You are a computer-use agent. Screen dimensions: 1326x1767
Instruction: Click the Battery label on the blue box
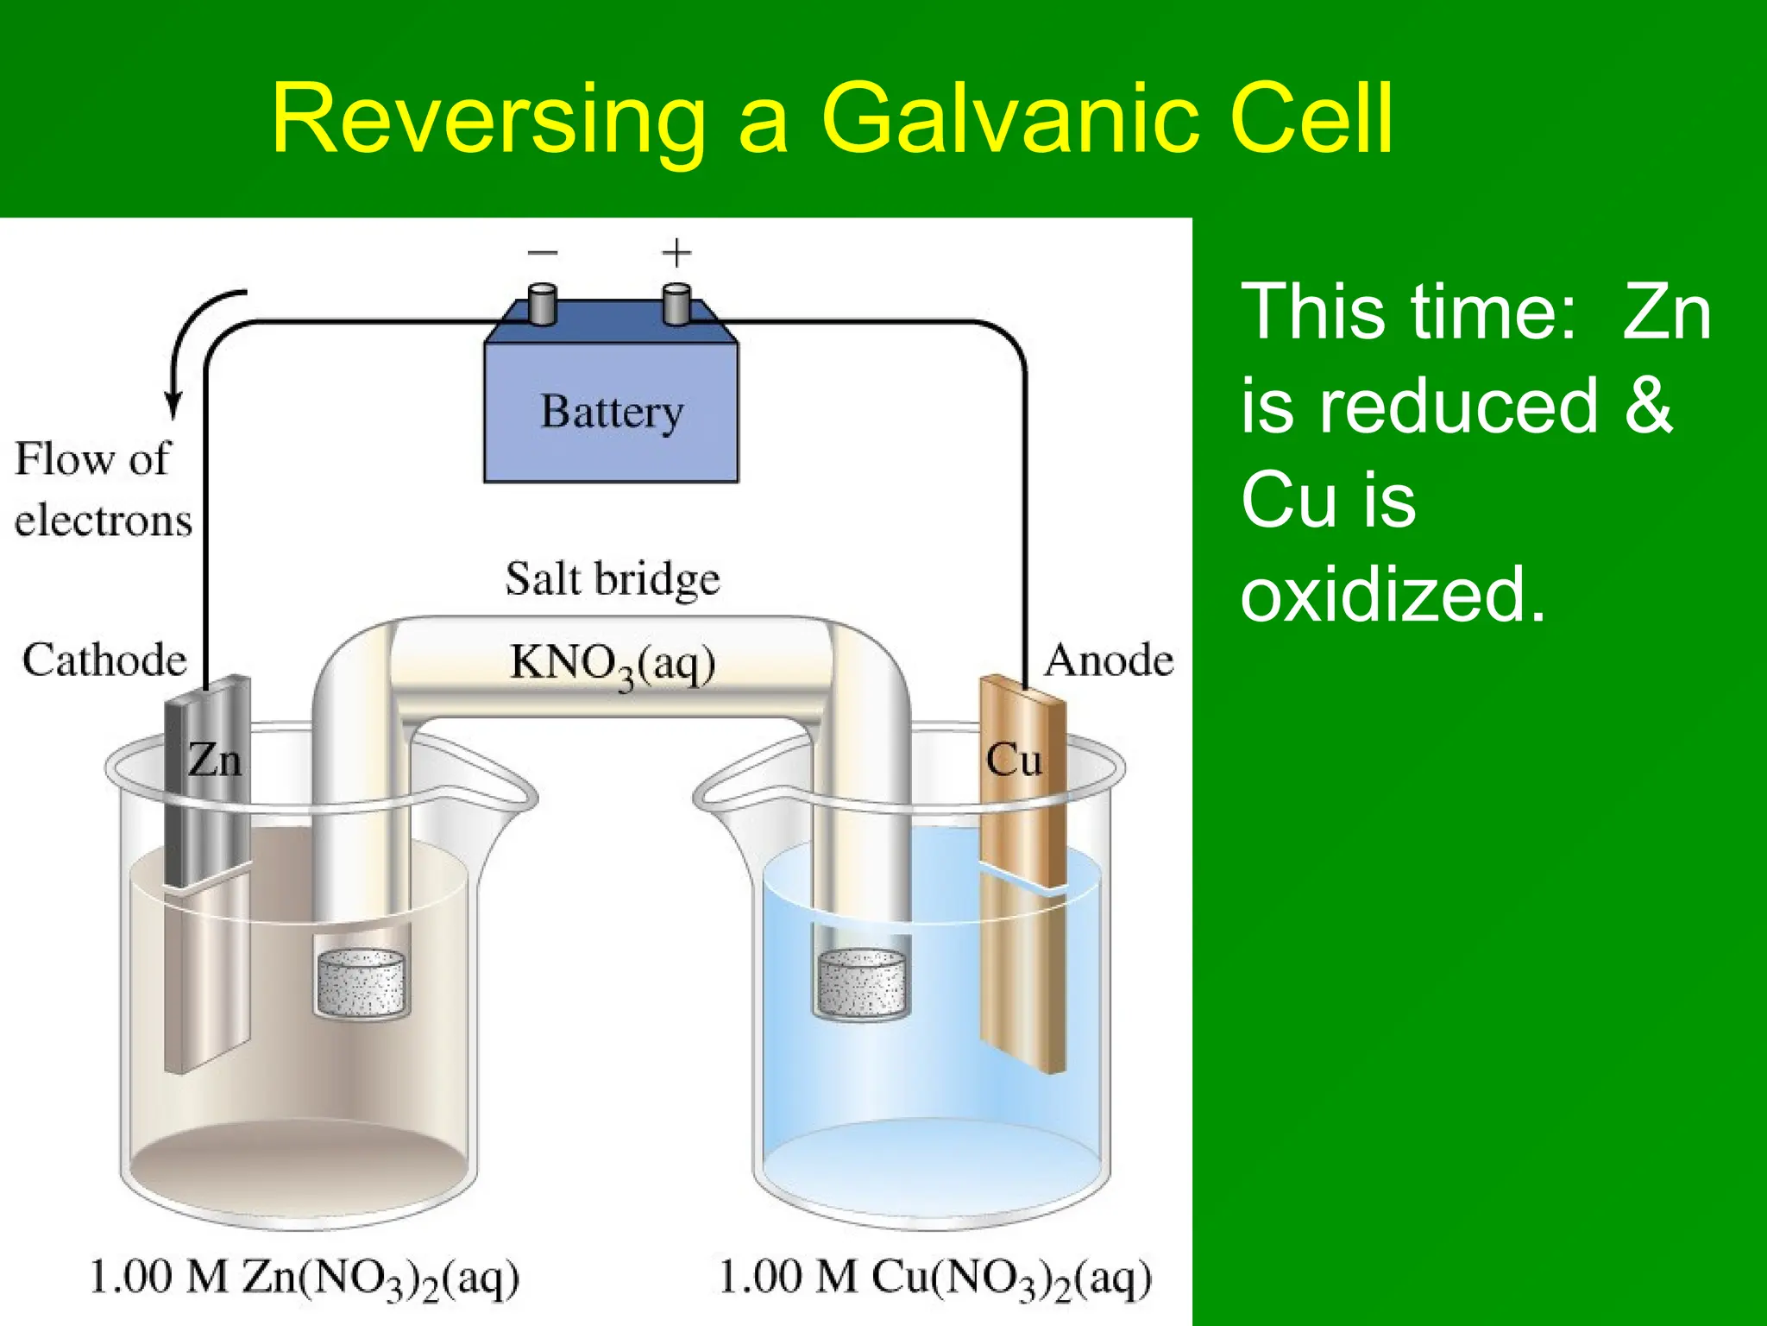coord(612,411)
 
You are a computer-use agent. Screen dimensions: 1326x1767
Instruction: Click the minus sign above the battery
coord(543,253)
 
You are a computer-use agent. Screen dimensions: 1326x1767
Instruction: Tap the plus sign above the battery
coord(676,253)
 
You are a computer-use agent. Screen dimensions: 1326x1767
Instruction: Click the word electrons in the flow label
coord(104,521)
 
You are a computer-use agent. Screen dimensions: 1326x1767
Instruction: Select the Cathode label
coord(104,660)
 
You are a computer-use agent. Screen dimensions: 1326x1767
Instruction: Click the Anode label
coord(1109,660)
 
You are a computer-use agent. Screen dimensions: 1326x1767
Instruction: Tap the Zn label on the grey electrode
coord(214,761)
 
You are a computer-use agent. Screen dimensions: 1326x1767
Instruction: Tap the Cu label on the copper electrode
coord(1014,761)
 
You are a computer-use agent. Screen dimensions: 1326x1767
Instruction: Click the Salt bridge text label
coord(613,578)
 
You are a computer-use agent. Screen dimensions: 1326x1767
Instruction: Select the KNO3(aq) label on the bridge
coord(613,665)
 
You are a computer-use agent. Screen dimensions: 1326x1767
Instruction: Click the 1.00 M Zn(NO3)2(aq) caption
coord(305,1279)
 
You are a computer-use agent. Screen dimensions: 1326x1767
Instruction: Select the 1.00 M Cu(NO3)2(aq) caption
coord(935,1279)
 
